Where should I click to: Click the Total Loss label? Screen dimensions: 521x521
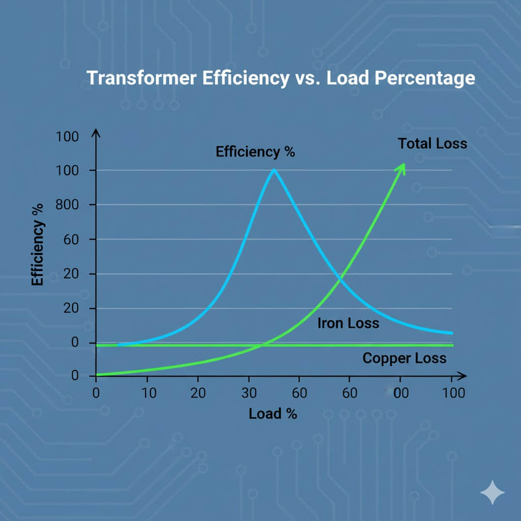click(432, 143)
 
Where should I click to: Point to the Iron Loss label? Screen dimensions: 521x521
click(348, 323)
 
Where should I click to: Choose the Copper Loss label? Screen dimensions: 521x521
click(404, 358)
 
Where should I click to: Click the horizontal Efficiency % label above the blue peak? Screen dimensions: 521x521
click(255, 152)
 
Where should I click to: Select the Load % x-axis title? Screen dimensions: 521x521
click(273, 414)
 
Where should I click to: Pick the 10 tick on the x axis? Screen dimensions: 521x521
click(147, 393)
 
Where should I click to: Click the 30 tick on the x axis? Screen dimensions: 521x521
click(248, 393)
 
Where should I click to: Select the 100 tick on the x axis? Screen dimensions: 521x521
click(452, 393)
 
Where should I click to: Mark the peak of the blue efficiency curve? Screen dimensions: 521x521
click(274, 170)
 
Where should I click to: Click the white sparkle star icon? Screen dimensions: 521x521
click(493, 493)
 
